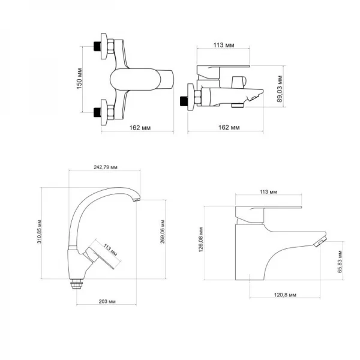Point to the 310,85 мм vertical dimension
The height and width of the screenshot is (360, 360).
(x=40, y=232)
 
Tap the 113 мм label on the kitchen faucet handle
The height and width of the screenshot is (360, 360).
(x=110, y=248)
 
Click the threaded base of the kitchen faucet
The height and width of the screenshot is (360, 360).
(x=76, y=285)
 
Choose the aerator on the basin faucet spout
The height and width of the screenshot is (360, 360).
(x=320, y=241)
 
